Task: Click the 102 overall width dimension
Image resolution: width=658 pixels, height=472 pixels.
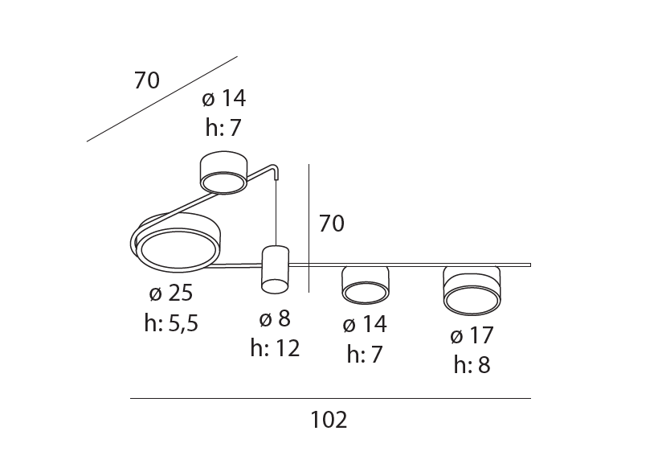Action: (329, 420)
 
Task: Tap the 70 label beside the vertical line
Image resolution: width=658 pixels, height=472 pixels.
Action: (332, 223)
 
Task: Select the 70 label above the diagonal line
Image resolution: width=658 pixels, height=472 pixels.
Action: (147, 80)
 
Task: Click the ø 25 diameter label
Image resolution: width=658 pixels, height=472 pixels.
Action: (171, 293)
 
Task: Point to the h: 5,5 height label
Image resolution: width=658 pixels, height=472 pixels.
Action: (171, 323)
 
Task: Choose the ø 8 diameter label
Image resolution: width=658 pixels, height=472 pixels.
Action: (275, 318)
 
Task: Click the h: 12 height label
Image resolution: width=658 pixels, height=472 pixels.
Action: (275, 348)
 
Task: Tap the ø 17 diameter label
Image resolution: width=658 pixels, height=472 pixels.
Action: (472, 335)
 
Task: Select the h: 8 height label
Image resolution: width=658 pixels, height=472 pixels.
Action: (472, 364)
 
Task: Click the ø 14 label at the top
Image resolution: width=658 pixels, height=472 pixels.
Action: (223, 98)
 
